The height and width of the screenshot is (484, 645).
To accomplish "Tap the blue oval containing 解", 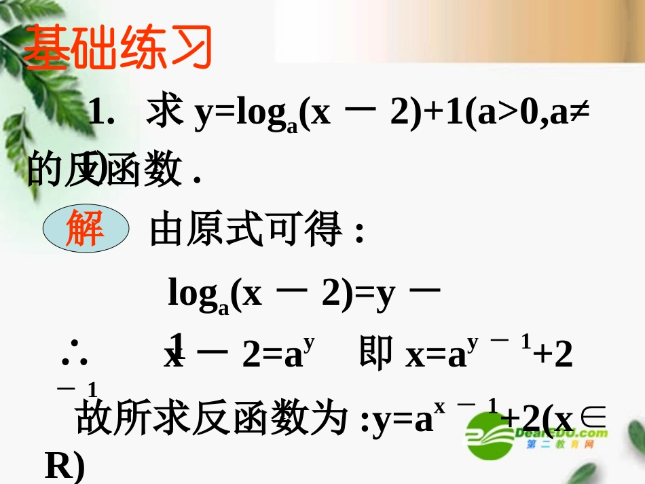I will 86,229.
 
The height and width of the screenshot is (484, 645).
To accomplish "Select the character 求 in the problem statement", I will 165,113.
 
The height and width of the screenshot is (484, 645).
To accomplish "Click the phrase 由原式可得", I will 244,231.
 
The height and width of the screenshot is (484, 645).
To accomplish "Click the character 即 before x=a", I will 375,354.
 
